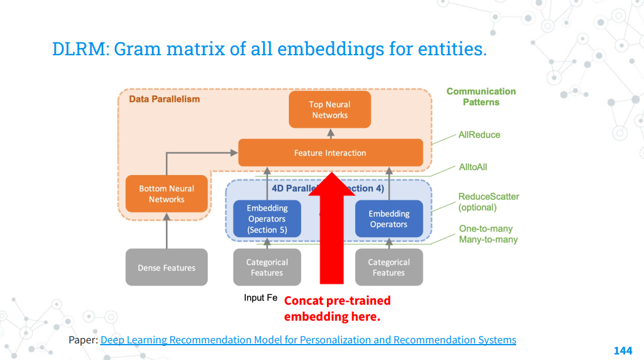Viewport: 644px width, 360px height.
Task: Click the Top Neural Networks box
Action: click(x=330, y=109)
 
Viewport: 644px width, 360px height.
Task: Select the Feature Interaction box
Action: click(x=330, y=153)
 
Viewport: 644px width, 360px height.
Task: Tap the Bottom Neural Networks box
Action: click(x=167, y=194)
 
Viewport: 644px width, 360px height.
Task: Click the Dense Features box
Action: click(x=167, y=267)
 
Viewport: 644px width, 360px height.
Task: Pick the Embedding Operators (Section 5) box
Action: click(x=267, y=219)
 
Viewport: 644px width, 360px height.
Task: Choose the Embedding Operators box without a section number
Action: click(x=388, y=219)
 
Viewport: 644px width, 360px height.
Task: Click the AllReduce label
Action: click(x=479, y=135)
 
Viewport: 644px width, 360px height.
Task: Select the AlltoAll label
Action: click(x=473, y=166)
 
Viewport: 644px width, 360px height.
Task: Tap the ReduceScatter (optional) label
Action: click(x=489, y=202)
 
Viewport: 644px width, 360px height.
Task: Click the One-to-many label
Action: click(x=485, y=229)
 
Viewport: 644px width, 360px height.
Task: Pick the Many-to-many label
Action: click(x=488, y=239)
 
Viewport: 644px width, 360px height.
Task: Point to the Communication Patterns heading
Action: click(x=481, y=96)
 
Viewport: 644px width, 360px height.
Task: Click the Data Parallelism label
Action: click(x=164, y=98)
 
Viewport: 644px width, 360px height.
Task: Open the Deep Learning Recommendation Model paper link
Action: click(x=308, y=340)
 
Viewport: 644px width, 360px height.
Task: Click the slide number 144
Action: click(x=622, y=350)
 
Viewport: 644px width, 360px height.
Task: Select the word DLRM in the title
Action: click(x=79, y=49)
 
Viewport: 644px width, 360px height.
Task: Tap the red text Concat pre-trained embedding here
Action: click(x=337, y=308)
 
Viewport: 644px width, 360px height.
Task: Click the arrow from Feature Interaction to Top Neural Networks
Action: click(x=330, y=134)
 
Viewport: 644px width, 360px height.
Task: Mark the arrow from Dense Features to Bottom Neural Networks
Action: click(x=167, y=230)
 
